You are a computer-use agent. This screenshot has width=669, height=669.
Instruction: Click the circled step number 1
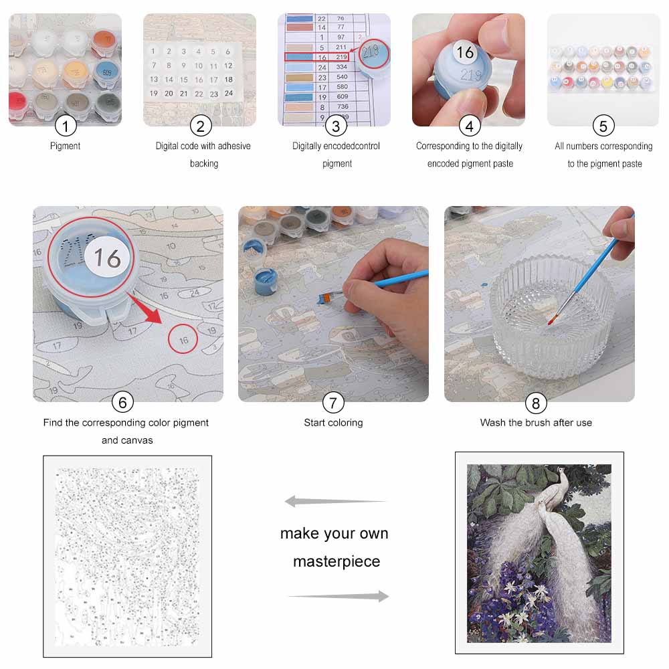point(66,125)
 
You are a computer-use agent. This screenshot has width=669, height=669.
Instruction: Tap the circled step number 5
point(603,125)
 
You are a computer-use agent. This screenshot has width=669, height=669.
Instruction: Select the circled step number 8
point(535,402)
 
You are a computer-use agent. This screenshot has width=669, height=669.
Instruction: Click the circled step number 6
point(122,402)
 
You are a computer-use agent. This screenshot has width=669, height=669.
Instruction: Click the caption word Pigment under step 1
point(66,146)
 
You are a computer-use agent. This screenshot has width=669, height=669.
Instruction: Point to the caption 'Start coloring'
point(333,423)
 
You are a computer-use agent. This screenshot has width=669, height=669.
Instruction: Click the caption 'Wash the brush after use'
point(536,423)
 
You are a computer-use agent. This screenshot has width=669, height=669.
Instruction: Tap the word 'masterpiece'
point(337,561)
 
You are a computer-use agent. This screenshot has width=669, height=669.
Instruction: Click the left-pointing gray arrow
point(335,501)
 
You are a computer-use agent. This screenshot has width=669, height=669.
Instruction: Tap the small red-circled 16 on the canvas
point(183,340)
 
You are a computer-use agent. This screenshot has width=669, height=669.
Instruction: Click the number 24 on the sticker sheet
point(228,94)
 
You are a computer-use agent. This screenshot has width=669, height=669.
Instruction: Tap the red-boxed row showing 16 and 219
point(316,58)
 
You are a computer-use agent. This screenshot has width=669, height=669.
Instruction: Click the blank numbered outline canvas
point(127,555)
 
